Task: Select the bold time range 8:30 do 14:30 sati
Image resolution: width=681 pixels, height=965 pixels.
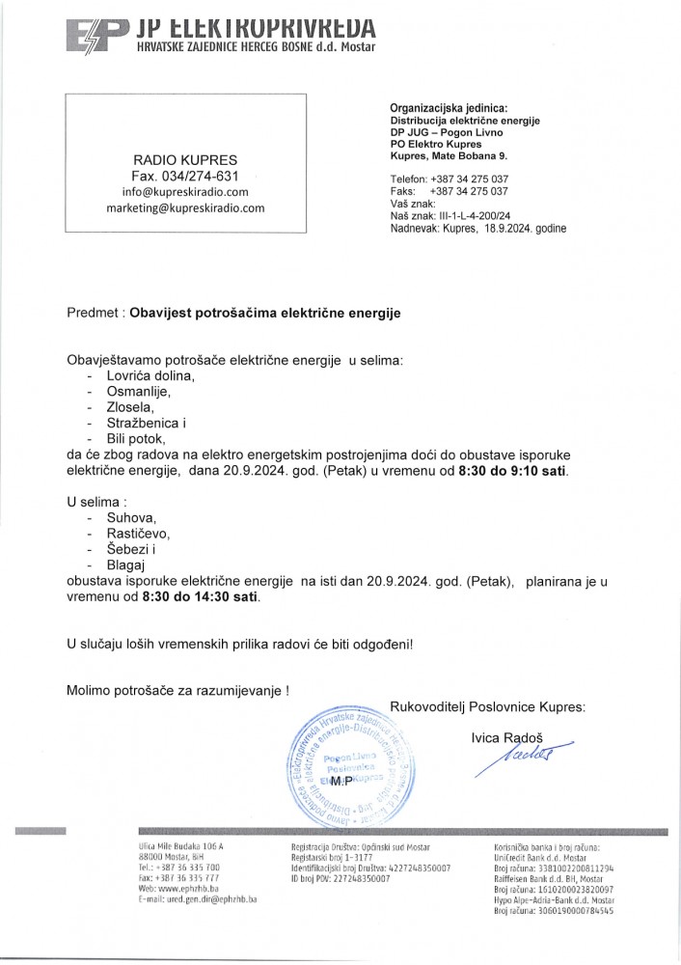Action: tap(201, 597)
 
